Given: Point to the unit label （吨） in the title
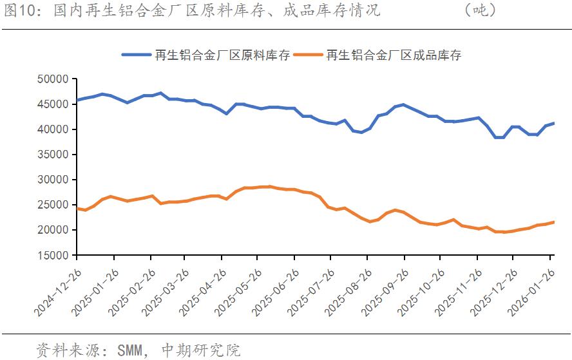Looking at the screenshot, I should click(480, 10).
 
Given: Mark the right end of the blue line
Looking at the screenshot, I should click(554, 123).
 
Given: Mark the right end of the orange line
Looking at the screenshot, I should click(554, 222).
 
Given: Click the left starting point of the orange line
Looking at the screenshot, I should click(77, 209).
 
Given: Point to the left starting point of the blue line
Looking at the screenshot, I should click(77, 100).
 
